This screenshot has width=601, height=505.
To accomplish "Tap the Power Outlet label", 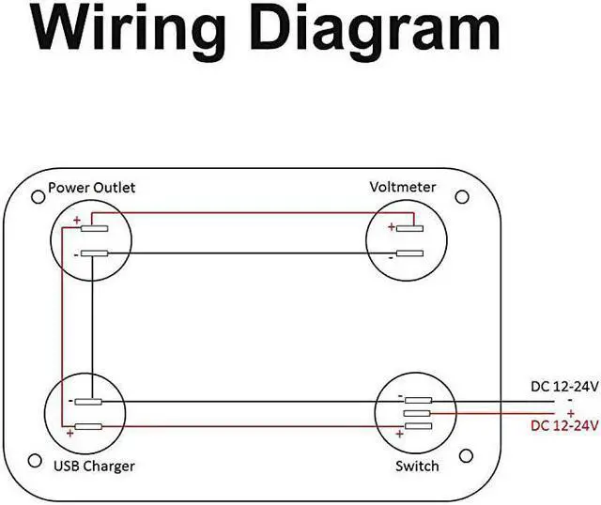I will click(91, 187).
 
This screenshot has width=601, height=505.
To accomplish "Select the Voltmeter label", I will click(403, 187).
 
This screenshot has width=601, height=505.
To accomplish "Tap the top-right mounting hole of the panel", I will click(462, 198).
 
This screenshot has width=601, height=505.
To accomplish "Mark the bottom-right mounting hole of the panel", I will click(462, 456).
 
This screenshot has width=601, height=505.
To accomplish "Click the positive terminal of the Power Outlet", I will click(95, 227).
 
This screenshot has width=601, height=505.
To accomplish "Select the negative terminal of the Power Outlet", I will click(95, 253).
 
